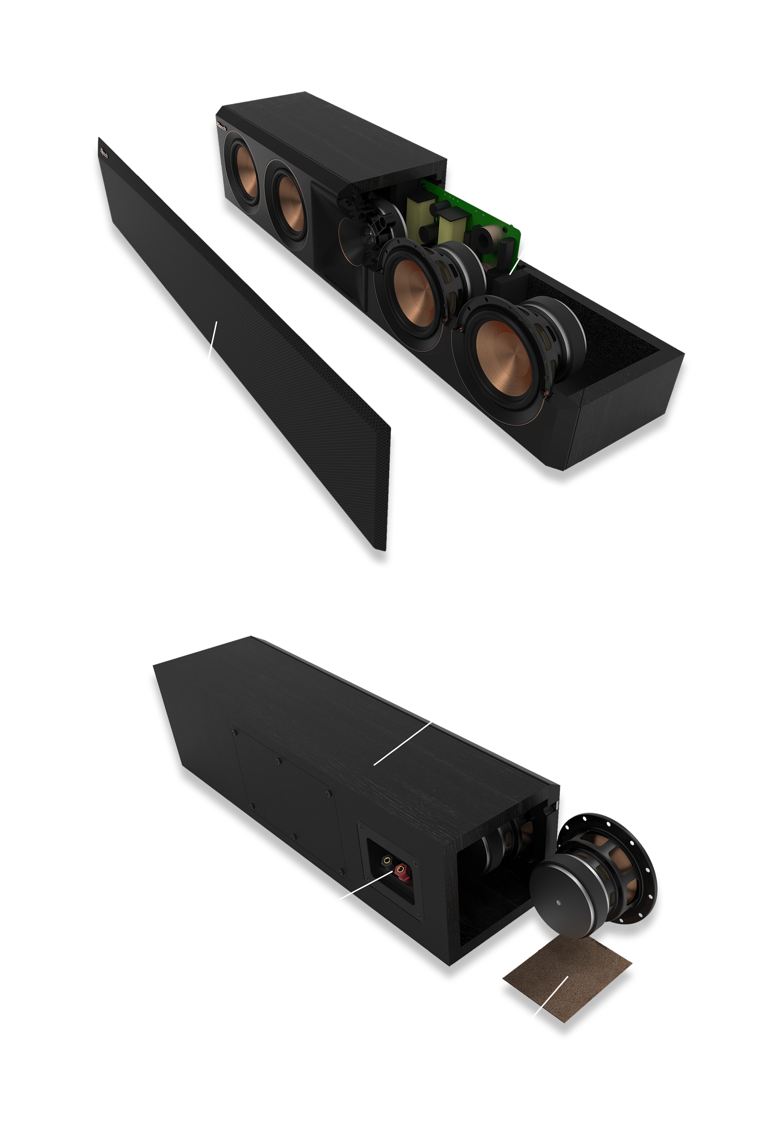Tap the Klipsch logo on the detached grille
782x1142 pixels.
click(105, 153)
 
